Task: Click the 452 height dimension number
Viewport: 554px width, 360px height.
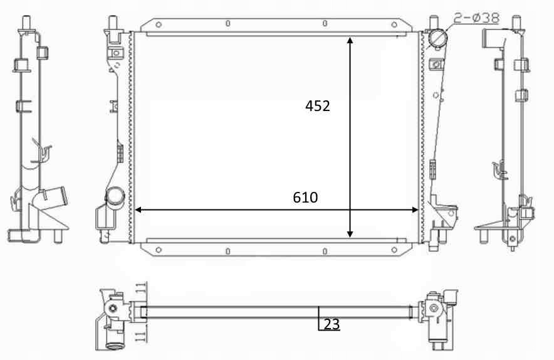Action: [x=318, y=106]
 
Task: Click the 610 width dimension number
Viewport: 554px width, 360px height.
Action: [x=305, y=198]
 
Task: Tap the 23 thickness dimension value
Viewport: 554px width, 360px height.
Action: [x=332, y=324]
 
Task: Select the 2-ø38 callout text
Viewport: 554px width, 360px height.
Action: [x=476, y=18]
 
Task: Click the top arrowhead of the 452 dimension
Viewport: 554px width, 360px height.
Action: [x=350, y=40]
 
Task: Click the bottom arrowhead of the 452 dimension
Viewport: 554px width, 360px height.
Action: [x=350, y=234]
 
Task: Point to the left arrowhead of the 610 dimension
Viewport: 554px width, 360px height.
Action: [x=138, y=210]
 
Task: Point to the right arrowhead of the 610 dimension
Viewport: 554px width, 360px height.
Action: [x=415, y=210]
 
